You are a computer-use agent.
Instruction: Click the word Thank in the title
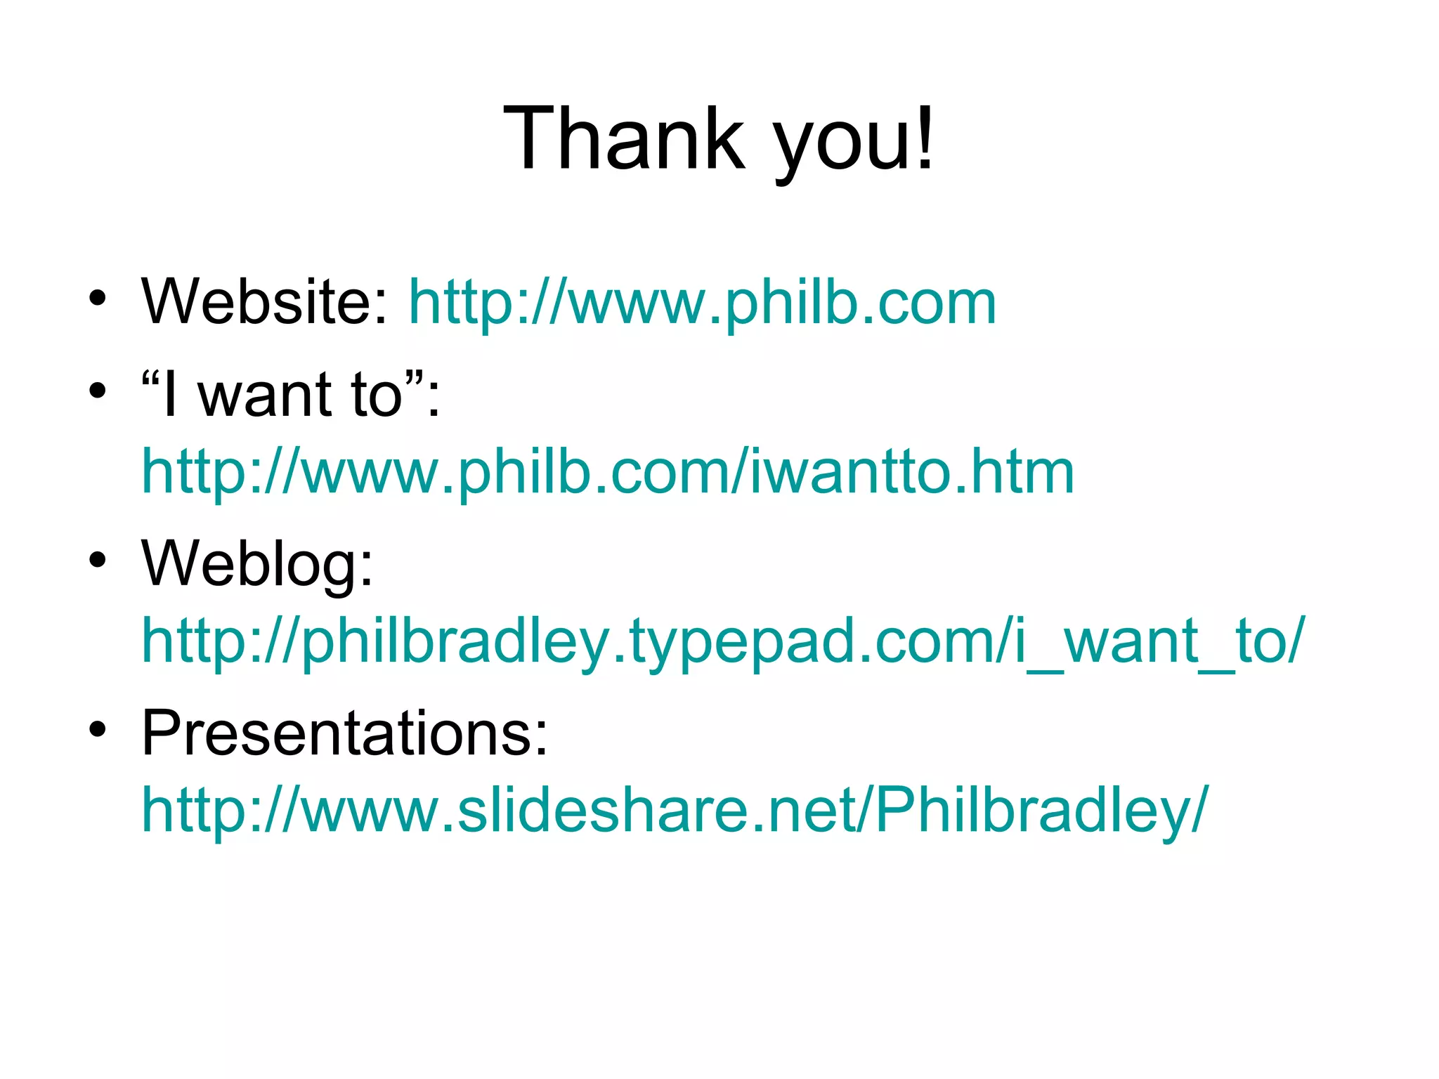623,138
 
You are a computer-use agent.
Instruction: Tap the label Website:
264,302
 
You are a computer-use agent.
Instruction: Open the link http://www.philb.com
702,303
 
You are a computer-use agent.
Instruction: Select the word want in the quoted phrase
265,395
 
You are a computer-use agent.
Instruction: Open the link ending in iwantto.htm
608,472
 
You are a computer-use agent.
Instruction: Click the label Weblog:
257,564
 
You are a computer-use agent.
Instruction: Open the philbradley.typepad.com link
722,641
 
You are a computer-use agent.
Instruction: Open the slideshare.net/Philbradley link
675,810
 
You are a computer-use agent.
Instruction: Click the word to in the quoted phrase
377,395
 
